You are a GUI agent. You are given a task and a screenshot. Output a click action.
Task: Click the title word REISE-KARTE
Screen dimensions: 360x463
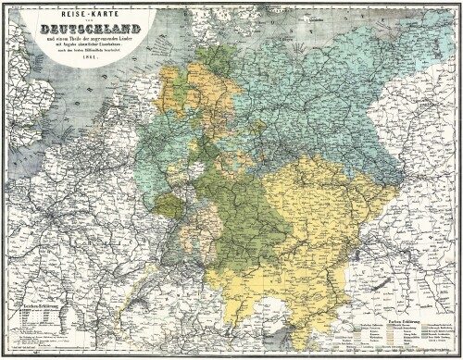[x=84, y=13]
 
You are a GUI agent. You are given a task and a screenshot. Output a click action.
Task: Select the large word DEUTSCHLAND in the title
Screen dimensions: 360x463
[x=84, y=25]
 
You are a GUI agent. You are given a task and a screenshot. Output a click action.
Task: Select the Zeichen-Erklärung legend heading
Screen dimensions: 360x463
[x=30, y=303]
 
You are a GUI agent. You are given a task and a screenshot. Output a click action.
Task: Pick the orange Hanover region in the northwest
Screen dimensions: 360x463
[x=181, y=88]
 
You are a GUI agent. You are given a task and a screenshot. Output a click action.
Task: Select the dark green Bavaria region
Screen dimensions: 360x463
[x=231, y=222]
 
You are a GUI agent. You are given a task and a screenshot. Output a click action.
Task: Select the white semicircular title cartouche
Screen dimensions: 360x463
[x=84, y=32]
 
